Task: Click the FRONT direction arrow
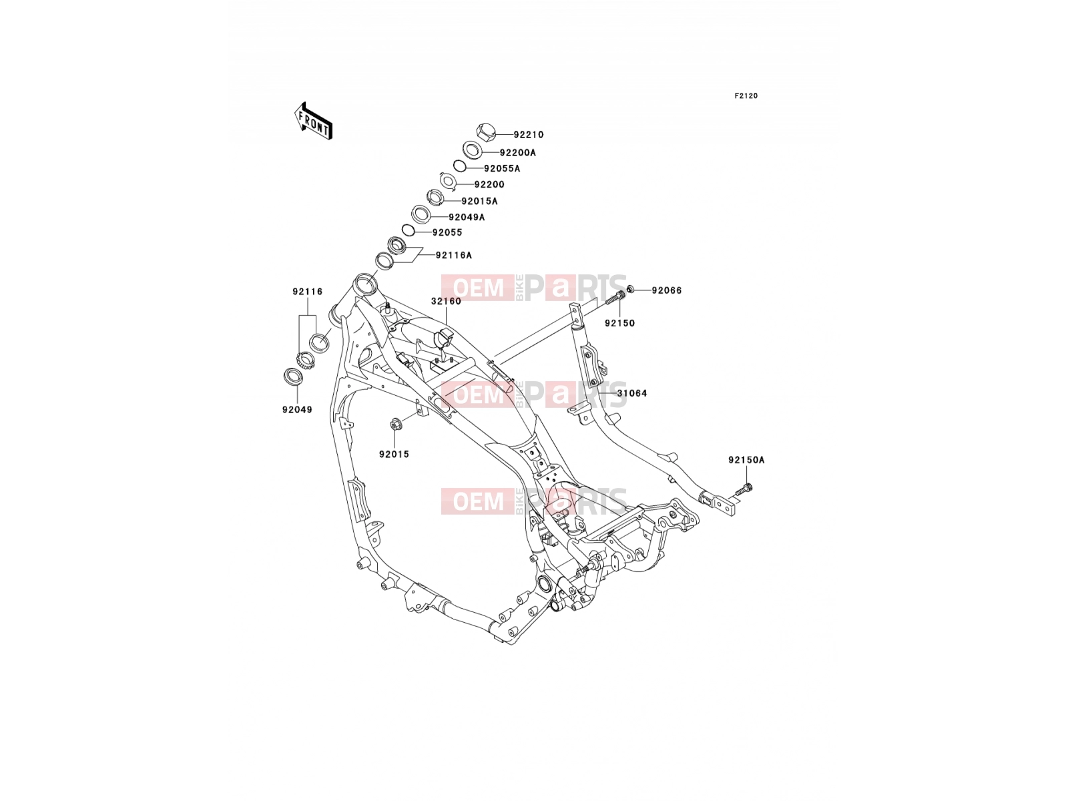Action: [x=313, y=121]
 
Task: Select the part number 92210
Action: [x=529, y=135]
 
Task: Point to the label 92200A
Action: [x=518, y=153]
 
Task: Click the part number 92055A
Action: [x=502, y=169]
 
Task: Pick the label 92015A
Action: [x=480, y=202]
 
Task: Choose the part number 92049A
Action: [x=467, y=218]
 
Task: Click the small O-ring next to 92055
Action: [x=409, y=230]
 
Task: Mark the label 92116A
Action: [x=453, y=256]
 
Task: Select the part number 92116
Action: [x=308, y=292]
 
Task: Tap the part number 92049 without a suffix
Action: [x=297, y=410]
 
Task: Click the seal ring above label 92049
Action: [x=293, y=377]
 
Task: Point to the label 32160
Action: [x=446, y=302]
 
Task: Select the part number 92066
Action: [x=667, y=291]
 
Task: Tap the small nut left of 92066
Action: [x=631, y=290]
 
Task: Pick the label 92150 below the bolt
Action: [x=620, y=324]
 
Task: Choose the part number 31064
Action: [x=632, y=393]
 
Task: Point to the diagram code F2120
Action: [x=746, y=96]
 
